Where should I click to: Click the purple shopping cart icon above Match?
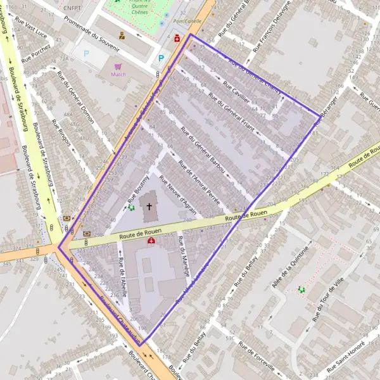tap(118, 66)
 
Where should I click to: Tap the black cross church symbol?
tap(149, 206)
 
